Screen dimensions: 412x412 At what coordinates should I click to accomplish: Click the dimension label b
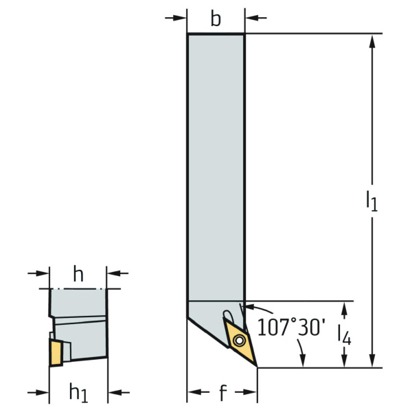(x=216, y=19)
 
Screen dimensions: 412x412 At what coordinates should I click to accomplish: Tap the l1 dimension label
(x=371, y=201)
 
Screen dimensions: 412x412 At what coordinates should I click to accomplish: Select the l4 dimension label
(x=344, y=335)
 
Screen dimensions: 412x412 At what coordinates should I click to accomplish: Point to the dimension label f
(x=222, y=393)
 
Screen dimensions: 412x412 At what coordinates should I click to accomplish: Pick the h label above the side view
(x=78, y=273)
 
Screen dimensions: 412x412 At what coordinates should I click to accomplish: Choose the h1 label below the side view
(x=78, y=393)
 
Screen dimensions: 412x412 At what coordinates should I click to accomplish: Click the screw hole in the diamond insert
(x=239, y=341)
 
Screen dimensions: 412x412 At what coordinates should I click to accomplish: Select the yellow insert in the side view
(x=56, y=353)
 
